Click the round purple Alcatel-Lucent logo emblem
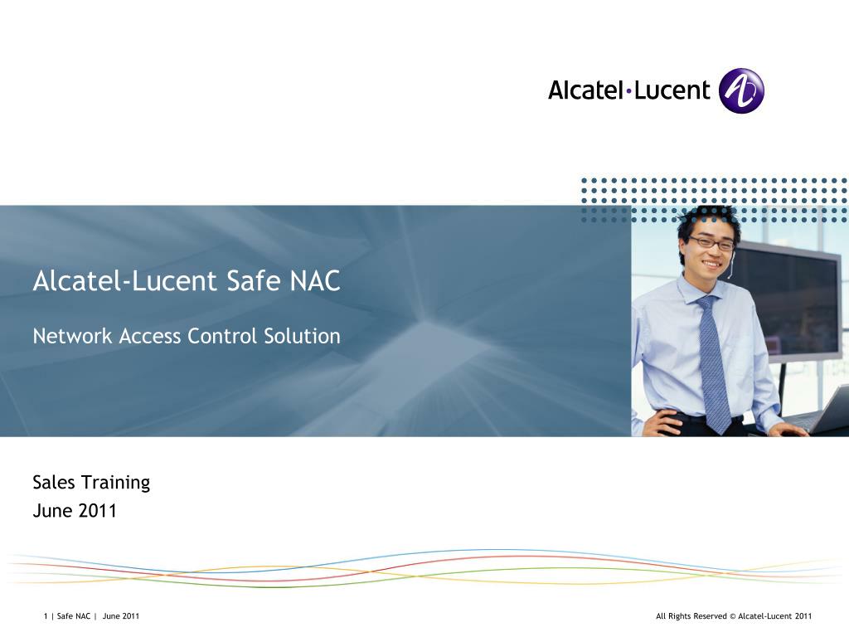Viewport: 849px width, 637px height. [x=740, y=90]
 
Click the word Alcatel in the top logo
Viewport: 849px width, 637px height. [x=585, y=90]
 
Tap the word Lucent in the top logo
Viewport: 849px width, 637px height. [x=672, y=90]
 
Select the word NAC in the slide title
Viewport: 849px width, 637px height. [x=315, y=281]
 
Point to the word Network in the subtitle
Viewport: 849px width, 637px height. [x=72, y=336]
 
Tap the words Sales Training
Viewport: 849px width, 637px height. [x=91, y=482]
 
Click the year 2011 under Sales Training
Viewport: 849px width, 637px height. [x=98, y=511]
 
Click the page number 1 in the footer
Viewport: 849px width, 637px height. [x=46, y=616]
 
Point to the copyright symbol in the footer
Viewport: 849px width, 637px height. [x=732, y=616]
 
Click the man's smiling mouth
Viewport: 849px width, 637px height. [x=712, y=261]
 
